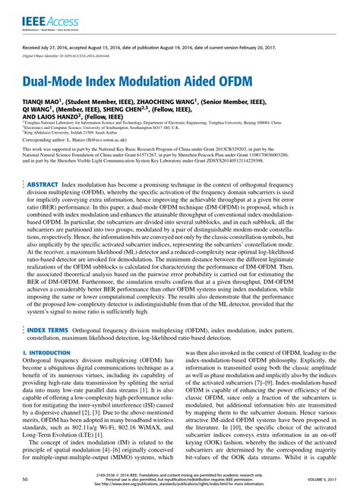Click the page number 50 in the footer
[x=26, y=480]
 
